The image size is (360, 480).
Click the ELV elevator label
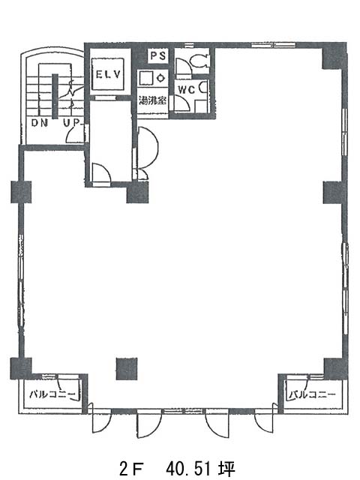click(108, 74)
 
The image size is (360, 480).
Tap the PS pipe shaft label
click(158, 55)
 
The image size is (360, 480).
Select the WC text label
click(187, 90)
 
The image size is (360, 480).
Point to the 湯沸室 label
click(152, 100)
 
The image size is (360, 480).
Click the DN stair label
click(40, 123)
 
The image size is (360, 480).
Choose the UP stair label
click(71, 123)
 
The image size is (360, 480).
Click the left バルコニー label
click(52, 394)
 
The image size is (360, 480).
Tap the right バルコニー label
click(312, 394)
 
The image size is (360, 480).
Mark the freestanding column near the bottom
click(127, 369)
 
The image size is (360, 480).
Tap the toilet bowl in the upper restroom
click(199, 60)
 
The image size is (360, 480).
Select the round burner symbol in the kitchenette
click(161, 78)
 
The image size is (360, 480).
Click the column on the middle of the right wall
click(333, 193)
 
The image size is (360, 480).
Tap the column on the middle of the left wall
click(21, 192)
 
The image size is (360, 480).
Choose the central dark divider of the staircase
click(55, 96)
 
